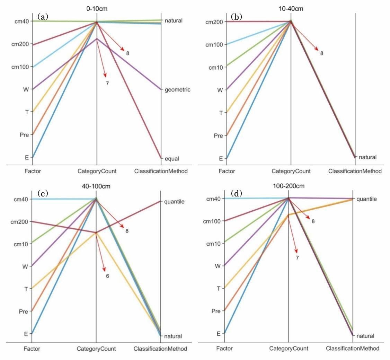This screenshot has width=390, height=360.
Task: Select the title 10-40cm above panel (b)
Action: click(x=291, y=9)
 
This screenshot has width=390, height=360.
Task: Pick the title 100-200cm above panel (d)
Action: click(x=289, y=186)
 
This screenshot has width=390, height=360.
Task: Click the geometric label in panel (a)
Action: click(x=177, y=90)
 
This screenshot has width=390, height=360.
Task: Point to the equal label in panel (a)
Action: click(x=172, y=159)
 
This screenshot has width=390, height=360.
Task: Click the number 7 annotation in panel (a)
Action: click(x=107, y=83)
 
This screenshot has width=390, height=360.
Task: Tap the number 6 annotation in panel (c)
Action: click(x=107, y=276)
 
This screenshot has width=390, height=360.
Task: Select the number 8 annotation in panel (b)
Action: click(x=322, y=53)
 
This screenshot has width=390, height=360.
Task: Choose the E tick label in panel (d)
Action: click(x=219, y=334)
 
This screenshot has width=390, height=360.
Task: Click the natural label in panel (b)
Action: click(x=367, y=157)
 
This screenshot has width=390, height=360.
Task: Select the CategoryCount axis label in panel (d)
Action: click(x=289, y=348)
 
